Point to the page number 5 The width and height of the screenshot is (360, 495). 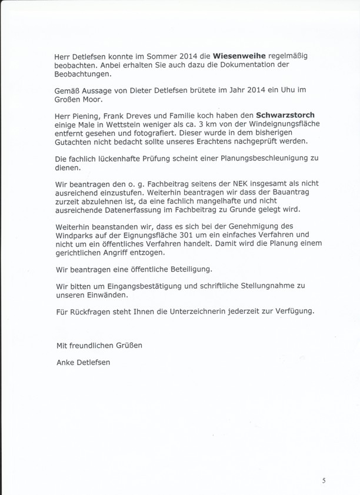pos(324,480)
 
